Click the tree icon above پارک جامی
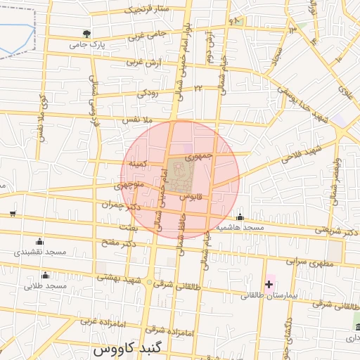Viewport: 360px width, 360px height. (x=86, y=33)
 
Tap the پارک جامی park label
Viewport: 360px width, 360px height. (x=86, y=44)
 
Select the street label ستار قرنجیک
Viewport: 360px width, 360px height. (x=148, y=9)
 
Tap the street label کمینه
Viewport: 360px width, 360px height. (x=136, y=162)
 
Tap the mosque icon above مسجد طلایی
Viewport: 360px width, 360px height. (x=46, y=275)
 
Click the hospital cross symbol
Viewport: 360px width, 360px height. (x=269, y=284)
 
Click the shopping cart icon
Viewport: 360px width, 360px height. (x=13, y=213)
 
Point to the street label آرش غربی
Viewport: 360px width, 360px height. (x=144, y=62)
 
